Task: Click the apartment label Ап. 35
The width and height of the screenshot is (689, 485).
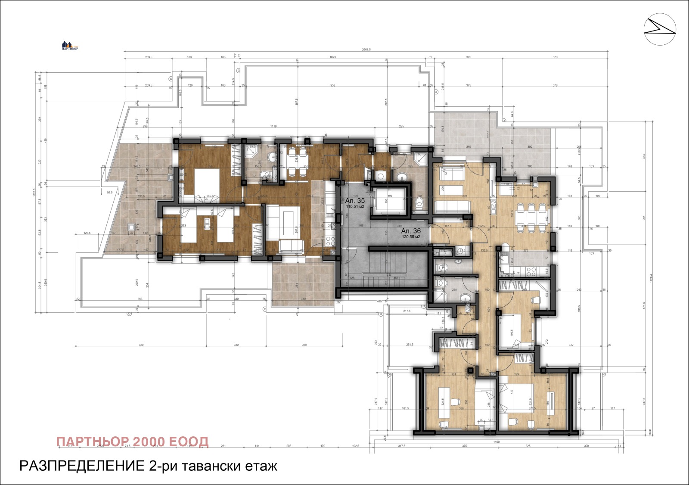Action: click(355, 200)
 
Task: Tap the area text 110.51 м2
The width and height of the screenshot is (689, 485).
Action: click(355, 206)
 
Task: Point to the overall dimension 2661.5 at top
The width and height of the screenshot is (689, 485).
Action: click(366, 50)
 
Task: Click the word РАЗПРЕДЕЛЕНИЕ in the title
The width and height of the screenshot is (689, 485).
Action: click(81, 466)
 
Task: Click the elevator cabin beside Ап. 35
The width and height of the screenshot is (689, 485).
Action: click(389, 201)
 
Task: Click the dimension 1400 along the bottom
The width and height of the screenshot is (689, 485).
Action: click(496, 442)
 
